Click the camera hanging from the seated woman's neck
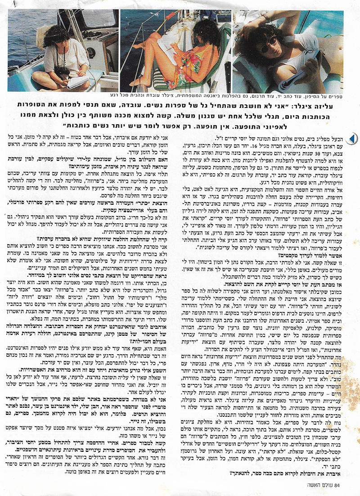63,72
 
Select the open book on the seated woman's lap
77,81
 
